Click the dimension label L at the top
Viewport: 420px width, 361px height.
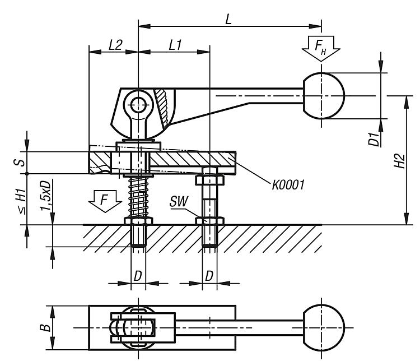pyautogui.click(x=228, y=19)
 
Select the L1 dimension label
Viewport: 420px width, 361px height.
pyautogui.click(x=175, y=45)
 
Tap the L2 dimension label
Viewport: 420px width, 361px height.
pyautogui.click(x=115, y=45)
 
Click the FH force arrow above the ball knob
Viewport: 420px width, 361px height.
pyautogui.click(x=321, y=48)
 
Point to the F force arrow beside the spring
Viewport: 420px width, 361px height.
pyautogui.click(x=105, y=201)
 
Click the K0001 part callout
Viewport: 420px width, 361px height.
pyautogui.click(x=288, y=185)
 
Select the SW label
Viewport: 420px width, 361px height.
pyautogui.click(x=179, y=201)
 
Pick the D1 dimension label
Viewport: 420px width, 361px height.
pyautogui.click(x=374, y=139)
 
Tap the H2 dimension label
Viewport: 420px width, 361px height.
pyautogui.click(x=399, y=161)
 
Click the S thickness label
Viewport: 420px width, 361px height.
pyautogui.click(x=21, y=162)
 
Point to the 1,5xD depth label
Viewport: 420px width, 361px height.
pyautogui.click(x=45, y=196)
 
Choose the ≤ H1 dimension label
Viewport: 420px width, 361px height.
pyautogui.click(x=22, y=201)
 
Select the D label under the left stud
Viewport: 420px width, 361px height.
pyautogui.click(x=138, y=276)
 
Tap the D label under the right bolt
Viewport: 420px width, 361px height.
pyautogui.click(x=209, y=276)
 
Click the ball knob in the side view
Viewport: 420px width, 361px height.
pyautogui.click(x=324, y=96)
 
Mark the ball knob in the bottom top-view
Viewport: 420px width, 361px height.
pyautogui.click(x=324, y=327)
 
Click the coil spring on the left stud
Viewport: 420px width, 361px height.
pyautogui.click(x=138, y=197)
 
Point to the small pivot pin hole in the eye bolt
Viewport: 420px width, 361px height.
pyautogui.click(x=138, y=104)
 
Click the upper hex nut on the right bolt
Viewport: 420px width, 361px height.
pyautogui.click(x=209, y=180)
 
